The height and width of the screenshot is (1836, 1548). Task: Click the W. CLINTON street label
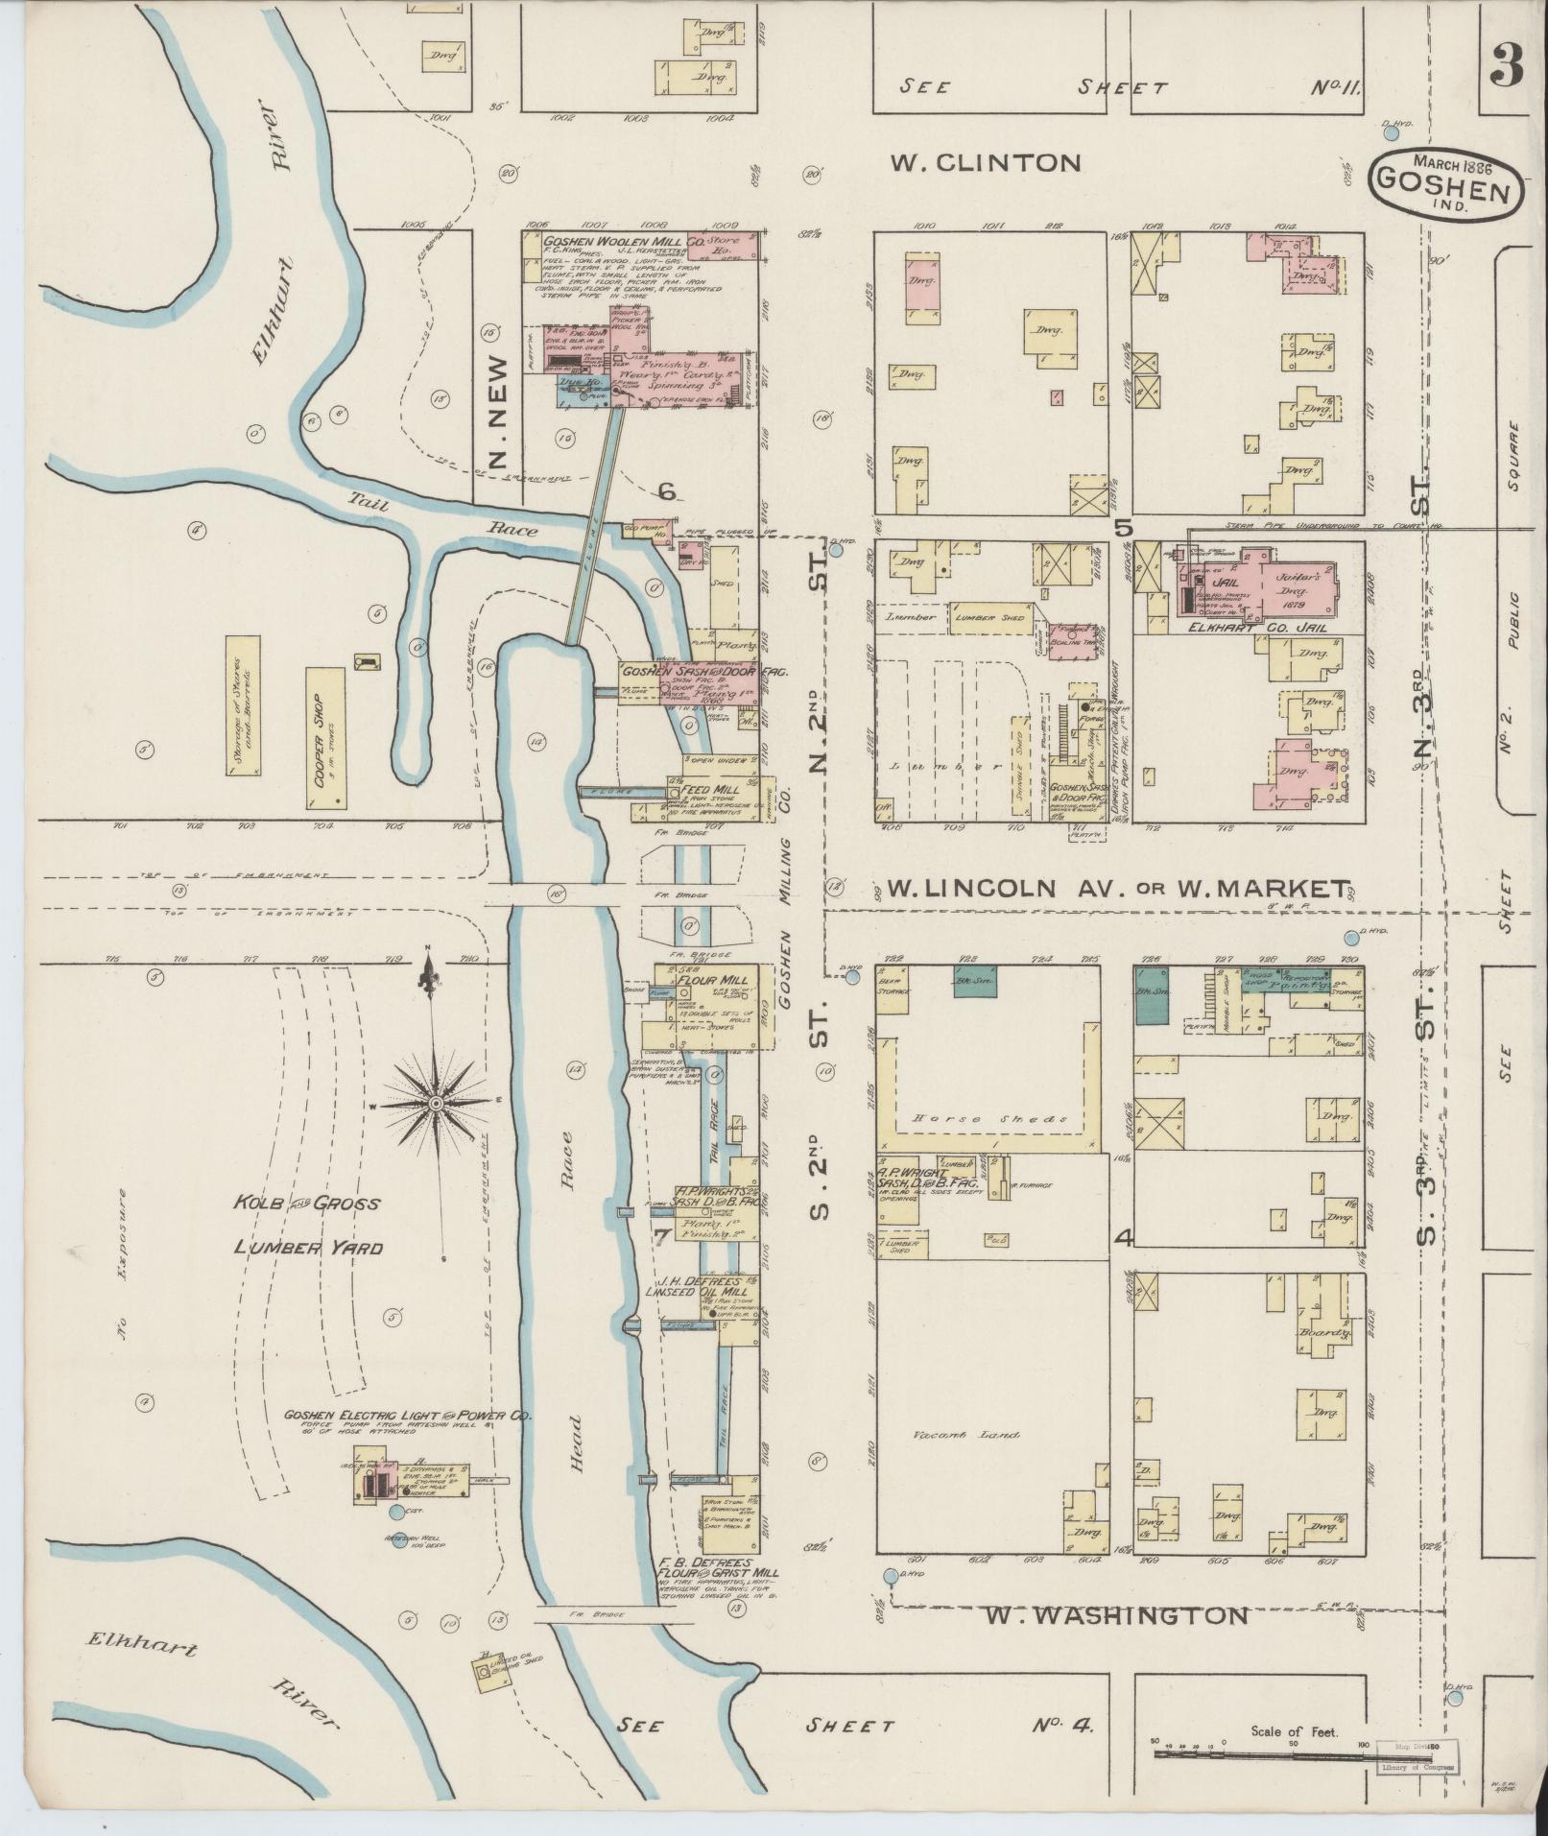[x=985, y=163]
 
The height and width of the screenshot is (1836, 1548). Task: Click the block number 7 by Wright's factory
[x=660, y=1236]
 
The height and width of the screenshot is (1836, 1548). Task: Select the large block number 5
[x=1123, y=527]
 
